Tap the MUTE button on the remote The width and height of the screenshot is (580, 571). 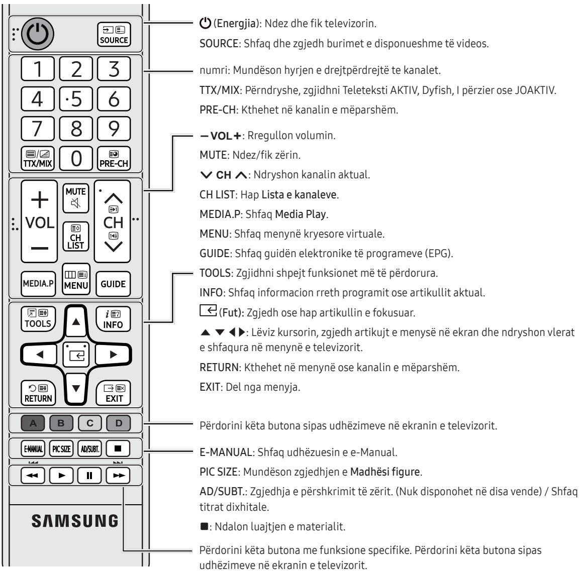75,198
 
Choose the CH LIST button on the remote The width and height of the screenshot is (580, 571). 75,237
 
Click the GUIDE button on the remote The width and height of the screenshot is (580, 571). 113,283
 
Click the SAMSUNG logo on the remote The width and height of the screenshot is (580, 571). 75,520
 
